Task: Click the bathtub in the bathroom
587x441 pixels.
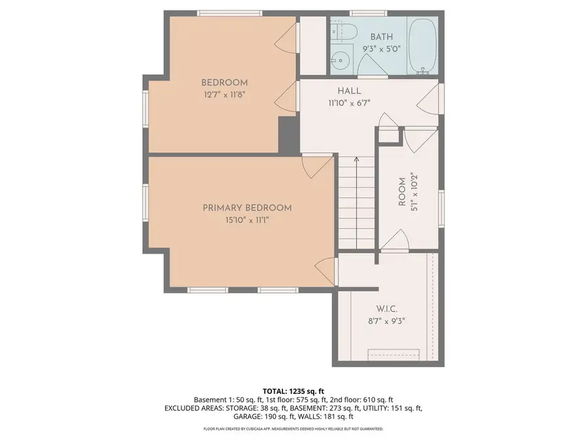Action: click(425, 45)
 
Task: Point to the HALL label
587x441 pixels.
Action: click(349, 91)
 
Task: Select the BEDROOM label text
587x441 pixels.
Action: click(224, 82)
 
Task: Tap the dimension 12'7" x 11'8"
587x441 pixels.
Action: click(224, 94)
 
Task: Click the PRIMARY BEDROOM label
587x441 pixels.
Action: click(247, 208)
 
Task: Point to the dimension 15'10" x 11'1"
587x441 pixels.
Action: click(247, 220)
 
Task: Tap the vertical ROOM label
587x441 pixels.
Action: click(402, 192)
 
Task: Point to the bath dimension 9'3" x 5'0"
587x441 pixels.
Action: click(382, 49)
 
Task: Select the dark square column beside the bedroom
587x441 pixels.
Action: click(288, 135)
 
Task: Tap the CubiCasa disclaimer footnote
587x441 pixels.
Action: click(293, 429)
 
